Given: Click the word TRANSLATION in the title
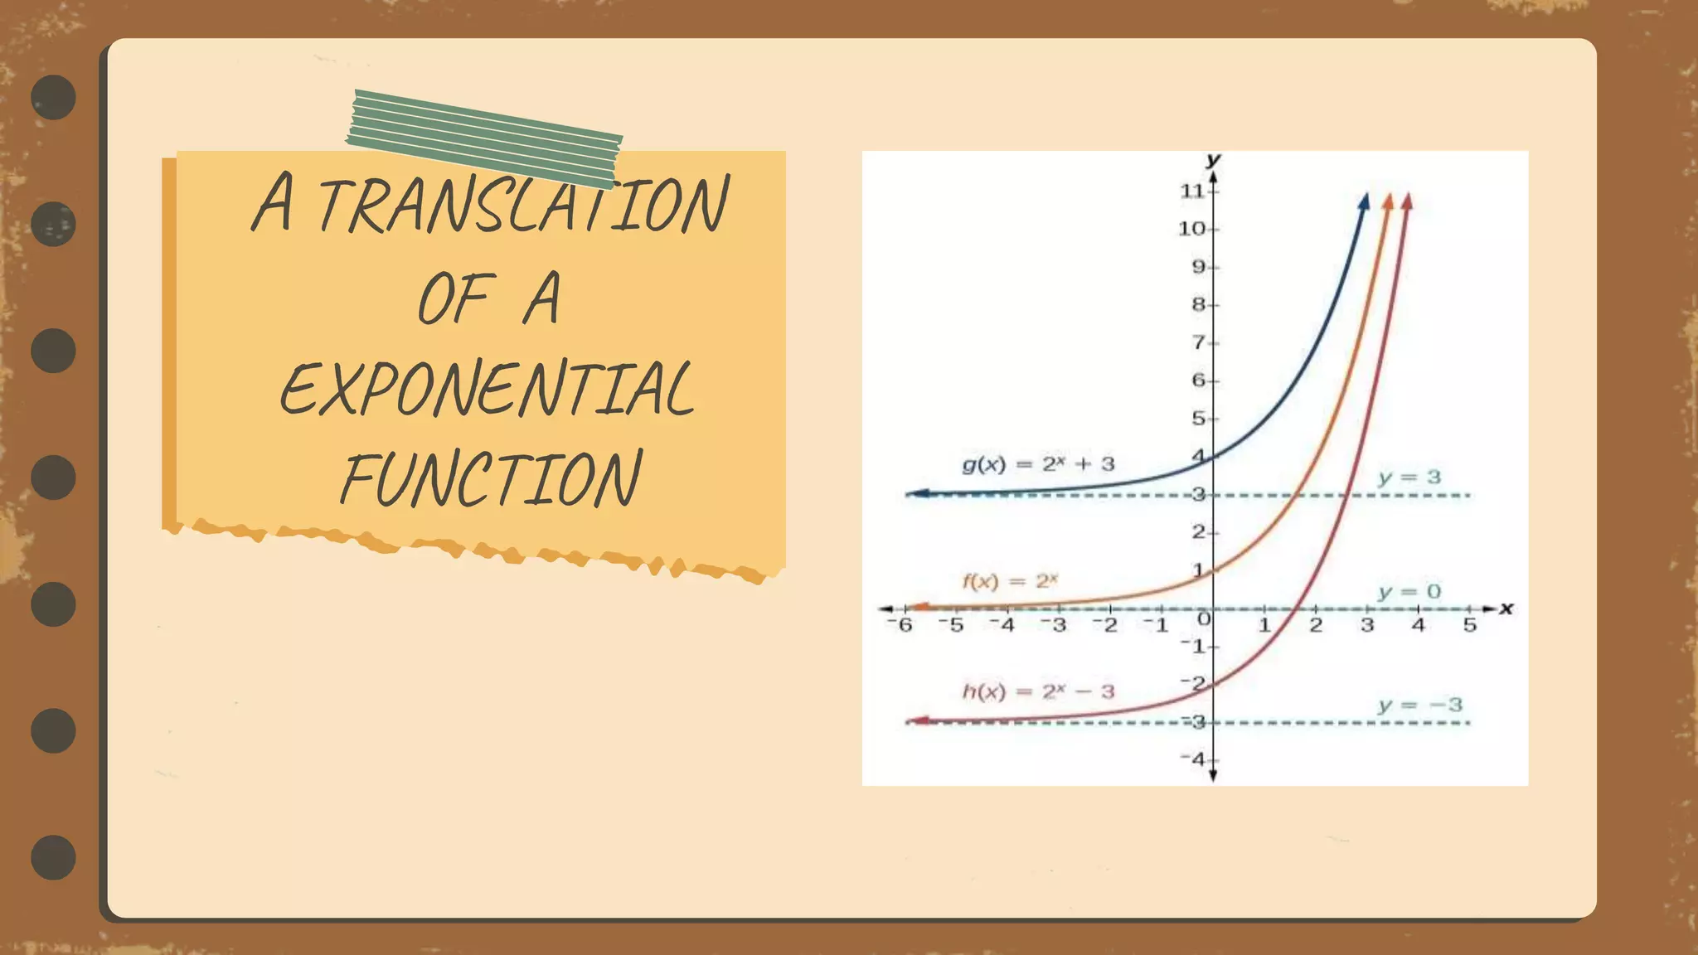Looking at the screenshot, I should click(523, 204).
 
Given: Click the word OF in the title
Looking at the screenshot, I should click(457, 298).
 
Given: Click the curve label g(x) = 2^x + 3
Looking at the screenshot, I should click(1038, 464).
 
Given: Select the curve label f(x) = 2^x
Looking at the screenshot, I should click(1009, 581).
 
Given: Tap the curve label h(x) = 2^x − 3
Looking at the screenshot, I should click(1038, 691).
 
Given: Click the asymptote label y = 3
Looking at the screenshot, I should click(1409, 477).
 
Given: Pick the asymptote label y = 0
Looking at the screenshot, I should click(1409, 592).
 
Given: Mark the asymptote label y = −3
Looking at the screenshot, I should click(1420, 705).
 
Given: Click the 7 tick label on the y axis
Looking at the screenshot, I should click(1199, 342).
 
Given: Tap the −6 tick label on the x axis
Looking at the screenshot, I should click(901, 624).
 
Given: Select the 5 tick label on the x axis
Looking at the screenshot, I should click(1470, 624).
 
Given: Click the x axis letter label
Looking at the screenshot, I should click(1506, 608).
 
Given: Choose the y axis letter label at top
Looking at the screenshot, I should click(1213, 159).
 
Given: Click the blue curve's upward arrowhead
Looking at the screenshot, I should click(1364, 201).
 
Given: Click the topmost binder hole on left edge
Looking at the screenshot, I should click(54, 97).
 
